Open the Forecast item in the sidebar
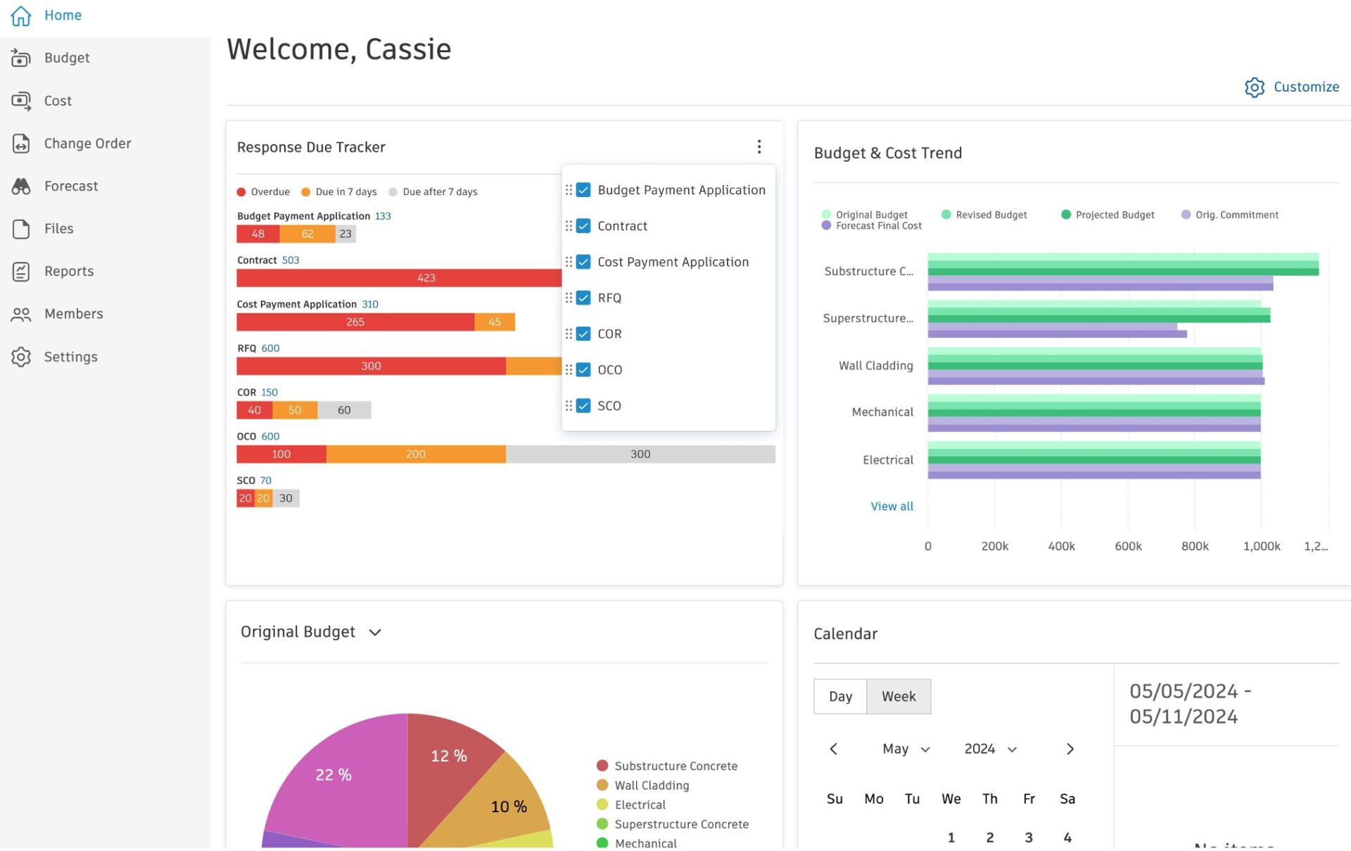tap(70, 186)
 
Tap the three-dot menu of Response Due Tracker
tap(759, 146)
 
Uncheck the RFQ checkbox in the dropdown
tap(583, 298)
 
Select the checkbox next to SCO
tap(583, 405)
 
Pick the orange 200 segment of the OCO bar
tap(415, 454)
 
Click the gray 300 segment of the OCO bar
tap(640, 454)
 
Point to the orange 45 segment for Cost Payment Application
tap(495, 322)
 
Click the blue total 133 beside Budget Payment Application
tap(383, 216)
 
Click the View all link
tap(892, 506)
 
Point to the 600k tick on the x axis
tap(1128, 546)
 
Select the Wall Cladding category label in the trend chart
tap(875, 365)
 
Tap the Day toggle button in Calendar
tap(840, 696)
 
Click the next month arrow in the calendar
tap(1070, 749)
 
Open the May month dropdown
tap(906, 749)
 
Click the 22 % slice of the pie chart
tap(333, 774)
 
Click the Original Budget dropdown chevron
tap(375, 632)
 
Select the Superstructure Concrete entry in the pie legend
tap(680, 824)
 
